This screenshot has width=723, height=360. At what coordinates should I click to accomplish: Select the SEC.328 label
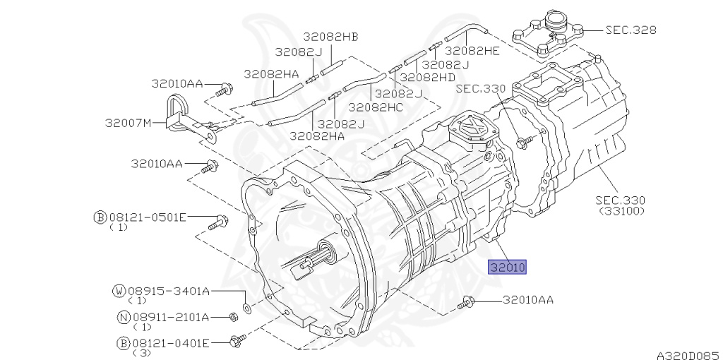[631, 30]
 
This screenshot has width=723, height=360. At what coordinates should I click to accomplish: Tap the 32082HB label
[330, 37]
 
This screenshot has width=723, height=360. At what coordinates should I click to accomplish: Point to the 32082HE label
[472, 51]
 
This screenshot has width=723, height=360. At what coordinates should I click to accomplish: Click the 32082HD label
[427, 77]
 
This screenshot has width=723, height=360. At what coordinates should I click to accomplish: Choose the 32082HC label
[376, 107]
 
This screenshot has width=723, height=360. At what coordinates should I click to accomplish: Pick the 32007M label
[129, 123]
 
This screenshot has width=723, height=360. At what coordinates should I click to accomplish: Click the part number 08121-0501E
[148, 217]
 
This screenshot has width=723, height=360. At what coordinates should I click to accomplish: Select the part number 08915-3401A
[169, 291]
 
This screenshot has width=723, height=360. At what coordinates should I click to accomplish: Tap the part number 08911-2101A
[171, 317]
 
